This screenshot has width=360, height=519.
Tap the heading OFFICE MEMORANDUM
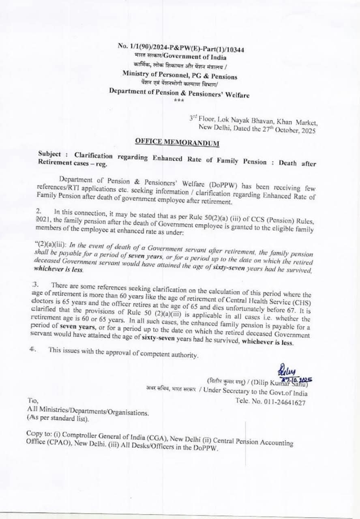pyautogui.click(x=177, y=142)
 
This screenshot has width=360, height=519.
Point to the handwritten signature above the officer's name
pyautogui.click(x=286, y=370)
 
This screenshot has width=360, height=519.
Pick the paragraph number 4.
pyautogui.click(x=32, y=349)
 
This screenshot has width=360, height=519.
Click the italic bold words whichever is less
pyautogui.click(x=58, y=269)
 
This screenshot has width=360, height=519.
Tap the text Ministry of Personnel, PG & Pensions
pyautogui.click(x=180, y=75)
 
